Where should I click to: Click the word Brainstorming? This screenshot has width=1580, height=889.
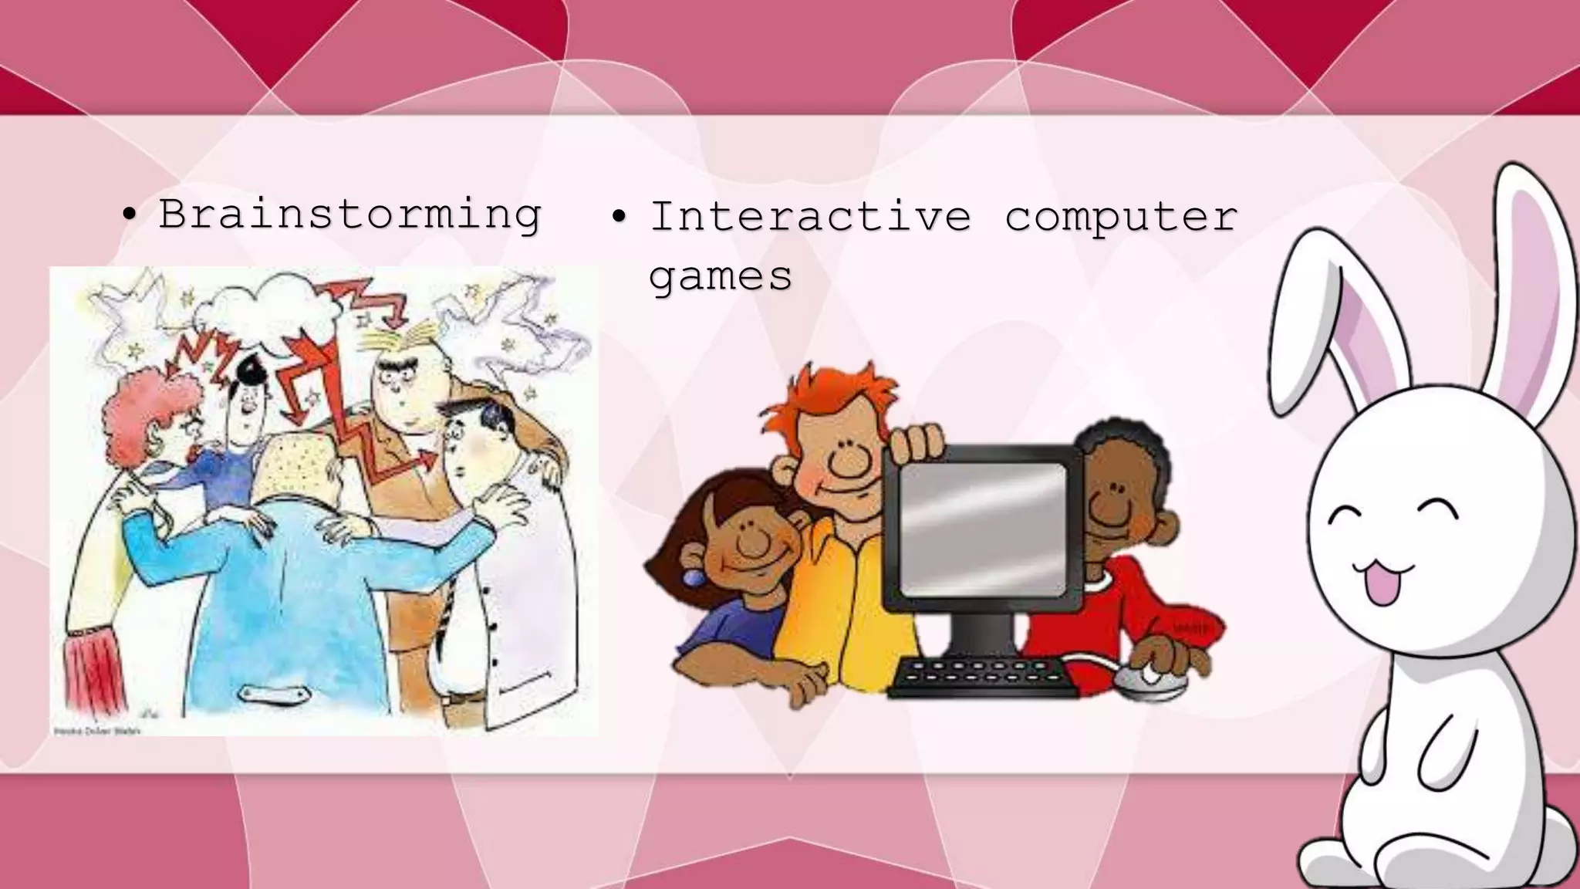(x=349, y=214)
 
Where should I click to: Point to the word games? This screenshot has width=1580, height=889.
(x=720, y=275)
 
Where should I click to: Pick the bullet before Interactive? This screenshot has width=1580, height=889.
(x=620, y=216)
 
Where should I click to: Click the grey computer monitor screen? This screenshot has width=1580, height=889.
(x=983, y=529)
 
